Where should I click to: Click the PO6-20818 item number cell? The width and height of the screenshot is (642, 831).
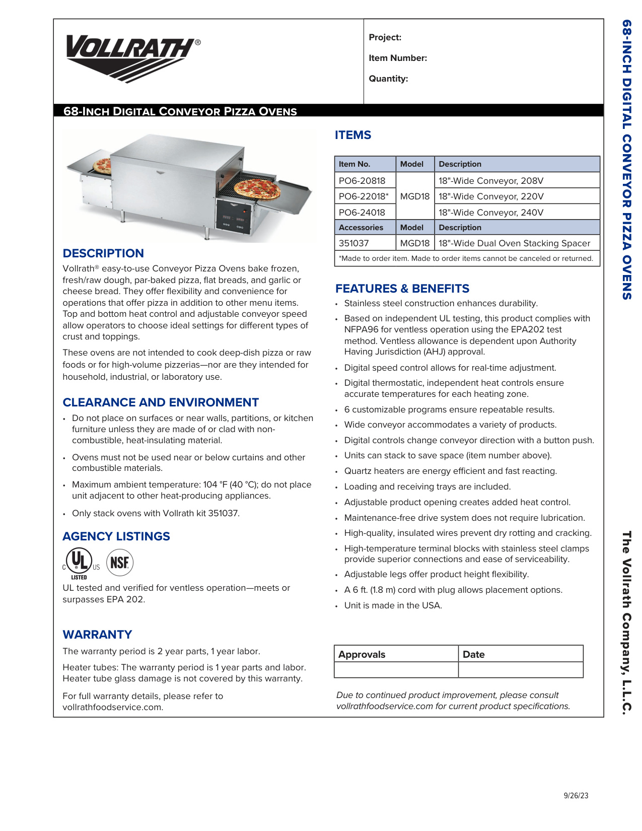(362, 181)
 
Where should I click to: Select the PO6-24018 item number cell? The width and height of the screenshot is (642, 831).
(362, 213)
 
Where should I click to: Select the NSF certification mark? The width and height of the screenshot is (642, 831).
(120, 562)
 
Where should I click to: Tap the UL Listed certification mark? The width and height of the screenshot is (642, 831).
(80, 563)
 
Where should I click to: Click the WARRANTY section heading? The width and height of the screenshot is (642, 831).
(97, 635)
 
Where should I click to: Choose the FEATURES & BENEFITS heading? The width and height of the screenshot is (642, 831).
(402, 289)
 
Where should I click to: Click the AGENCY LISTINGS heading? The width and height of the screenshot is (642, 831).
(116, 536)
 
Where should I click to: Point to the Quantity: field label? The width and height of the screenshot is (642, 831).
(388, 79)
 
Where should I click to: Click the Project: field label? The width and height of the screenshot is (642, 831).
(385, 37)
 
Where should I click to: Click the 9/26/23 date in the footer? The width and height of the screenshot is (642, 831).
(576, 796)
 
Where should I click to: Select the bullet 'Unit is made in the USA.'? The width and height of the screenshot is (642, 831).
(393, 605)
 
